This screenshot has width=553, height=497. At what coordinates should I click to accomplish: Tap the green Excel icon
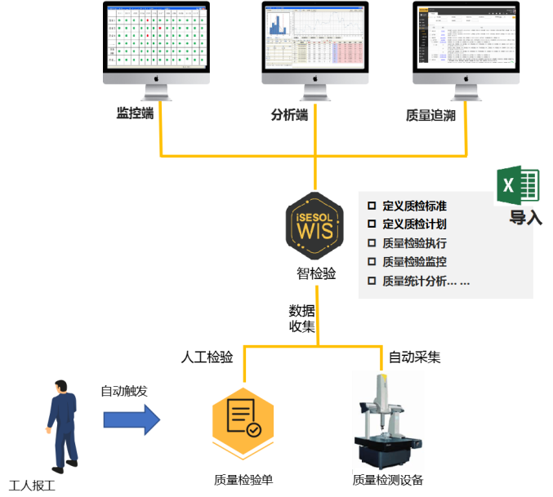(518, 186)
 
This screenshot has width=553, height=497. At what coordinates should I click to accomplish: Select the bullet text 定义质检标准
(414, 206)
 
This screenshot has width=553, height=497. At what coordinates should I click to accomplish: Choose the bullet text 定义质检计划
(414, 224)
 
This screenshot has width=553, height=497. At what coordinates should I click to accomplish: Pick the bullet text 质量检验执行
(414, 243)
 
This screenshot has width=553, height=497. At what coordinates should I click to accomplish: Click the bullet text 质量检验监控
(414, 262)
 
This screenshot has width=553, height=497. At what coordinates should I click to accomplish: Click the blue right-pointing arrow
(131, 419)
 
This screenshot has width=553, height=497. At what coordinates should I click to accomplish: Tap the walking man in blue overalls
(60, 424)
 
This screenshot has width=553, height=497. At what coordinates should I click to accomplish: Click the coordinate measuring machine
(388, 421)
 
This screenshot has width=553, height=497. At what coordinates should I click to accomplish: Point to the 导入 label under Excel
(526, 218)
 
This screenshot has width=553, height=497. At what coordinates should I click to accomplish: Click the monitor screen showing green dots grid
(156, 38)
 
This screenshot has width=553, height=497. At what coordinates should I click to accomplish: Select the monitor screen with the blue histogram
(314, 38)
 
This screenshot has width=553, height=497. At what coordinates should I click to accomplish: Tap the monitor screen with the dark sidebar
(466, 38)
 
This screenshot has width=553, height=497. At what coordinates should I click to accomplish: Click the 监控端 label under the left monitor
(135, 113)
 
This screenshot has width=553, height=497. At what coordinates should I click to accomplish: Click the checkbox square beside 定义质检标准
(372, 206)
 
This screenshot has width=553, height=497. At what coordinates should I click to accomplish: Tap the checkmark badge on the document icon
(254, 428)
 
